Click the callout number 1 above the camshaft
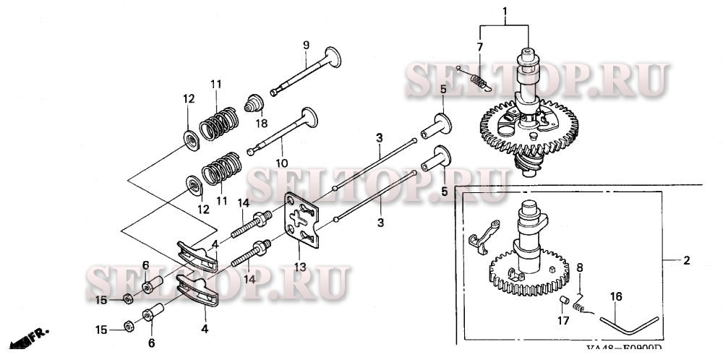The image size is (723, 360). [x=504, y=11]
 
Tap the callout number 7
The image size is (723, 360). [x=479, y=47]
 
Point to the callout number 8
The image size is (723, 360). [x=578, y=268]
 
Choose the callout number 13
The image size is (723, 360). [x=299, y=267]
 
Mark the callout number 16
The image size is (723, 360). [x=616, y=296]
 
